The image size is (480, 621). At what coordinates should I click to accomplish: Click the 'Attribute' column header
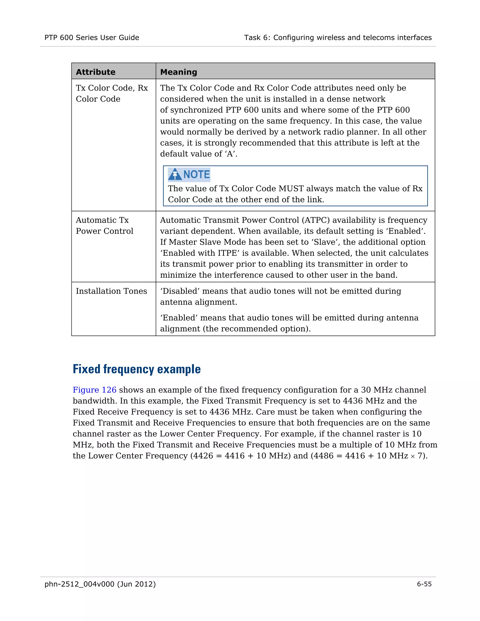(96, 72)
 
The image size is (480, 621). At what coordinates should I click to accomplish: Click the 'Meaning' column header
(179, 72)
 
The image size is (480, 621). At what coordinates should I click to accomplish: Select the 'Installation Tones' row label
(111, 291)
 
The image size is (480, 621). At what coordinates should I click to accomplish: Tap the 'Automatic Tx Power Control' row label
(104, 225)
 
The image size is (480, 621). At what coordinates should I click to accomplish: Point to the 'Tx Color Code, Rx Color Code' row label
(112, 93)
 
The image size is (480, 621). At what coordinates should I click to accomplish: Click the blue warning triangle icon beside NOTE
(175, 174)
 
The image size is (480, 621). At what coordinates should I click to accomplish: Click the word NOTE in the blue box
(196, 174)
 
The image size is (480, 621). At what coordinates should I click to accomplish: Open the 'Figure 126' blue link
(94, 390)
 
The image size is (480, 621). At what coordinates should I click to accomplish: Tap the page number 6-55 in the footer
(424, 584)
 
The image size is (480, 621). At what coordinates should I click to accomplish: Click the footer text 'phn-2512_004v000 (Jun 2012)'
(100, 584)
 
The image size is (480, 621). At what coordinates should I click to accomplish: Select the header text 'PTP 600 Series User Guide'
(92, 37)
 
